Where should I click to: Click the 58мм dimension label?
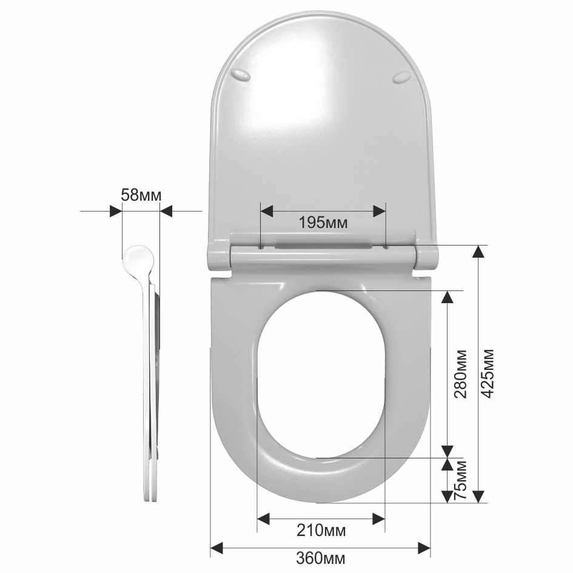[141, 195]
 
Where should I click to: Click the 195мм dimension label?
[323, 222]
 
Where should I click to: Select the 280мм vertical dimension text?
[460, 374]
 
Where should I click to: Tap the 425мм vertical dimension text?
[488, 373]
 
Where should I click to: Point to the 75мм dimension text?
[460, 480]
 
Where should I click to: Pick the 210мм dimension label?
[321, 531]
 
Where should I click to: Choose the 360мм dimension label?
[321, 558]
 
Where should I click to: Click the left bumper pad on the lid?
[241, 75]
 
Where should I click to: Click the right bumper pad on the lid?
[401, 78]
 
